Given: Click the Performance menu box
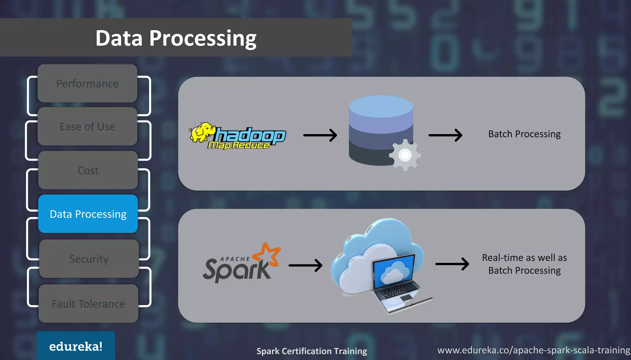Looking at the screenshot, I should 87,83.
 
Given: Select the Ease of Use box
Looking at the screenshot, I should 87,127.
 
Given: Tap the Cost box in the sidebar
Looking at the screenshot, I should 88,170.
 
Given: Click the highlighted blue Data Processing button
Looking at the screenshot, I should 88,214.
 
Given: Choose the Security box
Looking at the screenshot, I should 89,259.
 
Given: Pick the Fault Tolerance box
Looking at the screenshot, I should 88,304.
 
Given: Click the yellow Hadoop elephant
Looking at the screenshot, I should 202,132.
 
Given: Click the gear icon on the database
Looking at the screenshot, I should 405,155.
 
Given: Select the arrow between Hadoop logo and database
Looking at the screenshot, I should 320,135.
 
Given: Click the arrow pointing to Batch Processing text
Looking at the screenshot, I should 446,135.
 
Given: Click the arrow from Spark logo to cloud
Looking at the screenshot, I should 305,265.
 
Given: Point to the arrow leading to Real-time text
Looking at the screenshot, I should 452,264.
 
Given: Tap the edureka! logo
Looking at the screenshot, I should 76,346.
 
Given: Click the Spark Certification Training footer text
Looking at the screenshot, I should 311,351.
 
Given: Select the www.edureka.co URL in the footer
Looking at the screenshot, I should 533,350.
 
